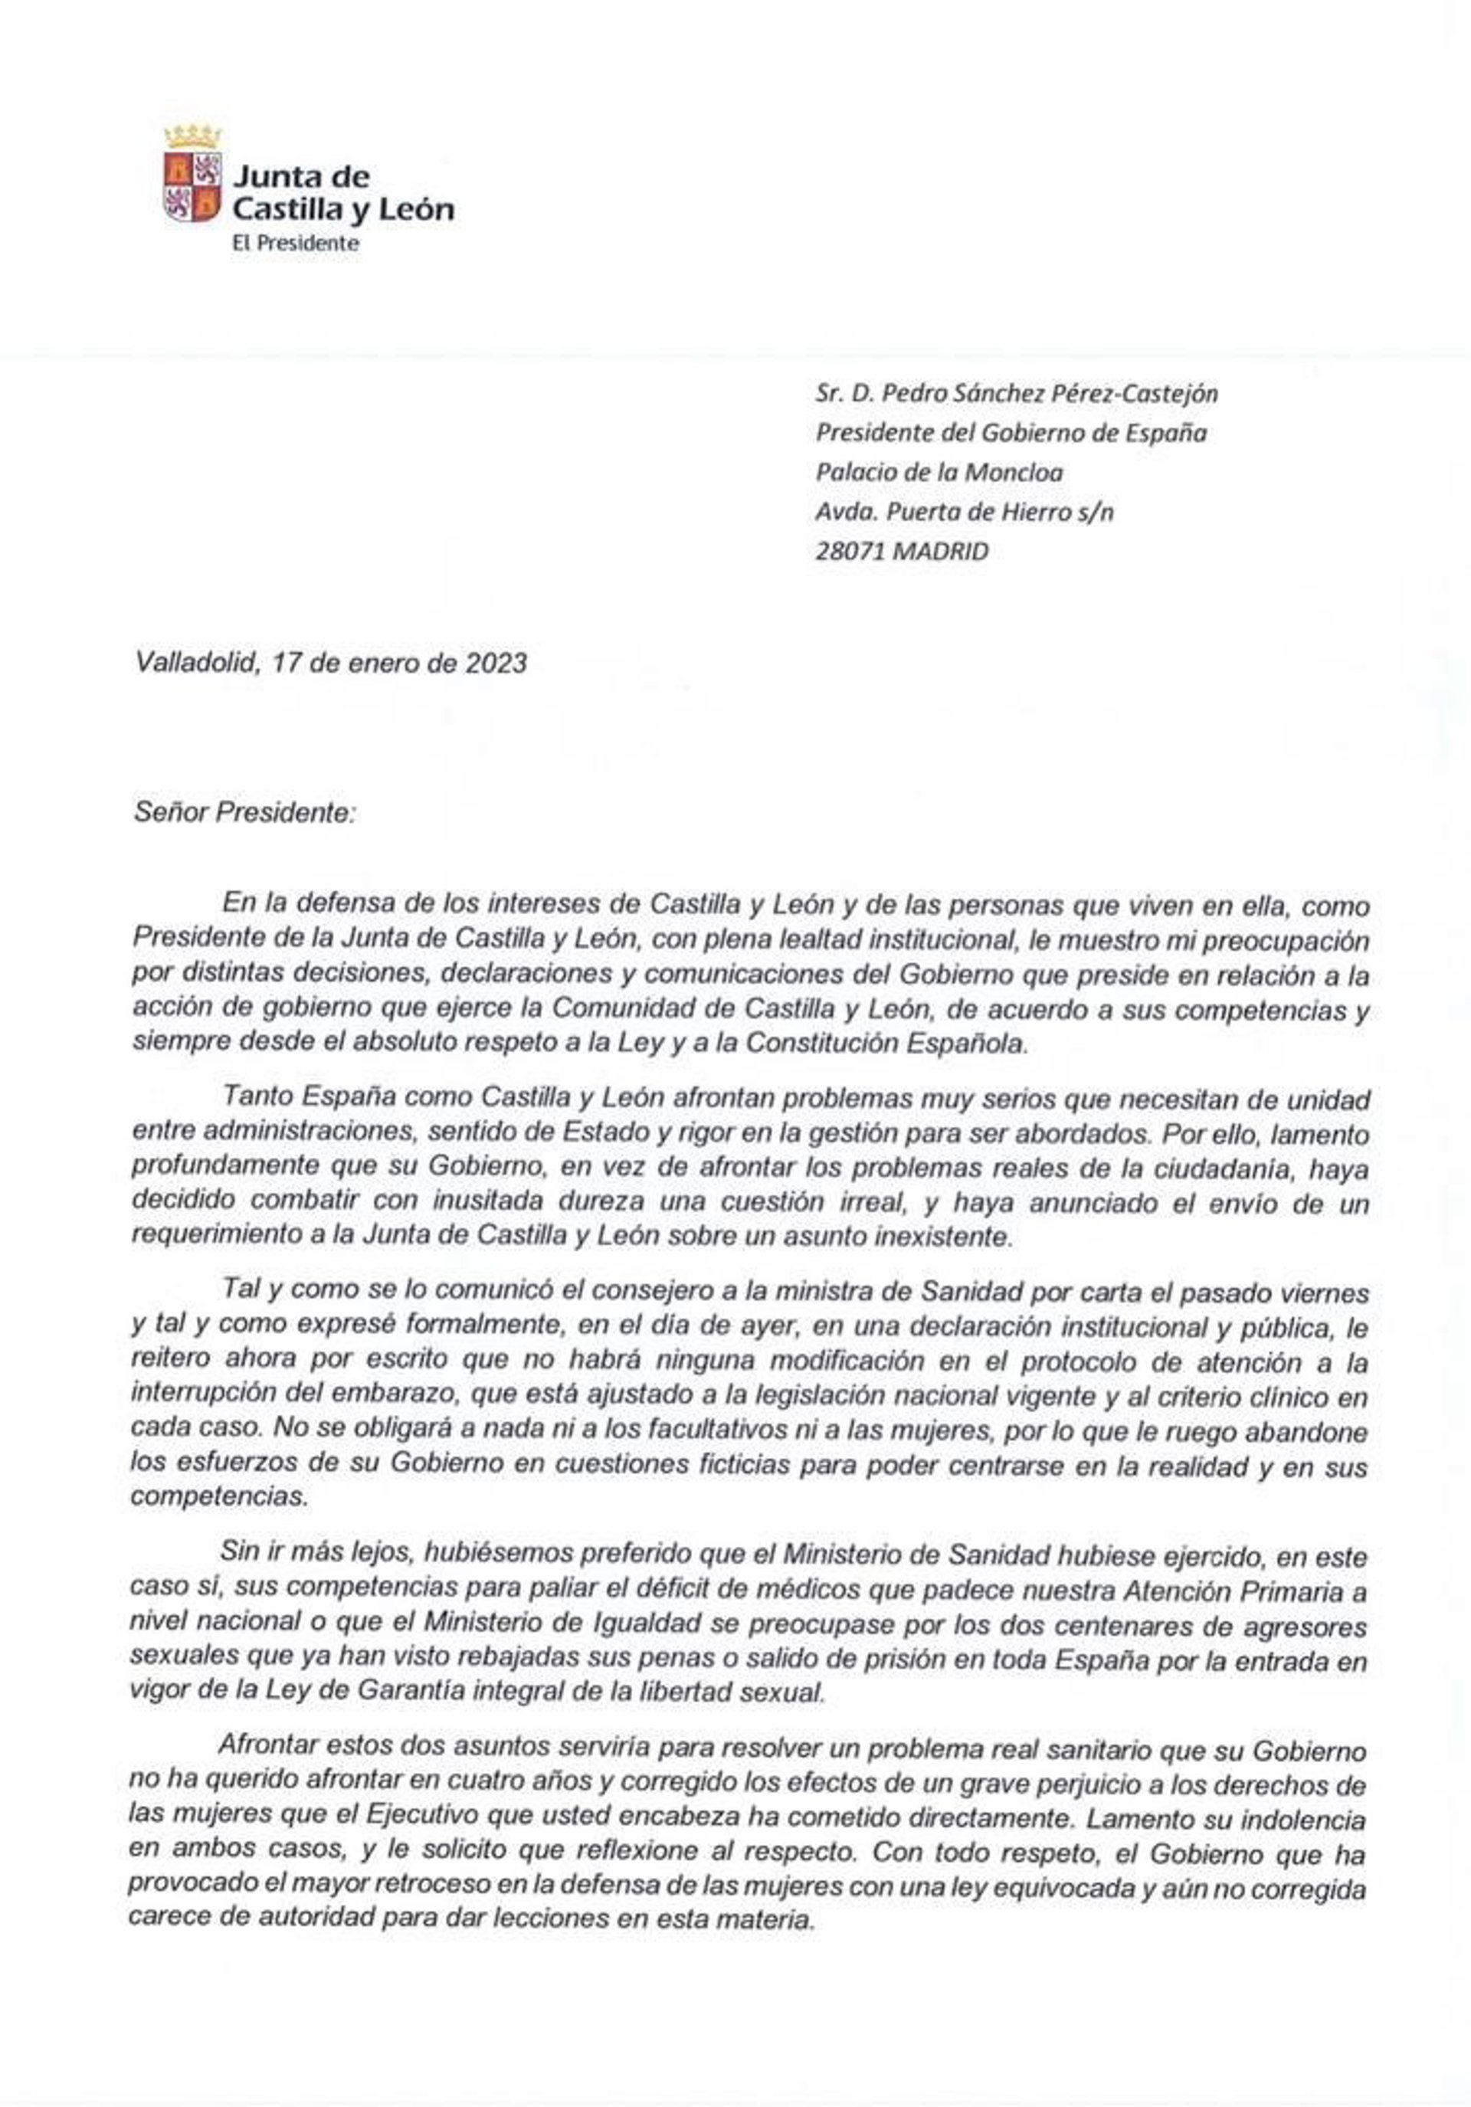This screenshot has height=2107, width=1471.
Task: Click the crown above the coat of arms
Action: [193, 136]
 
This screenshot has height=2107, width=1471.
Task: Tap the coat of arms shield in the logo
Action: [192, 187]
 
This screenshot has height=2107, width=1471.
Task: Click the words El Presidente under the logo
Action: [296, 243]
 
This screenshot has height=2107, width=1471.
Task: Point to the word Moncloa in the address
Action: [1013, 473]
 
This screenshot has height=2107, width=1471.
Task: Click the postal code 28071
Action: [850, 552]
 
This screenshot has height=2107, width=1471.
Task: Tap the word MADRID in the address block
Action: [941, 552]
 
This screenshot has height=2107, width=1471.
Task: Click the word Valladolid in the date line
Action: [195, 663]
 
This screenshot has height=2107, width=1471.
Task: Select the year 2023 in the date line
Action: [496, 663]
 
